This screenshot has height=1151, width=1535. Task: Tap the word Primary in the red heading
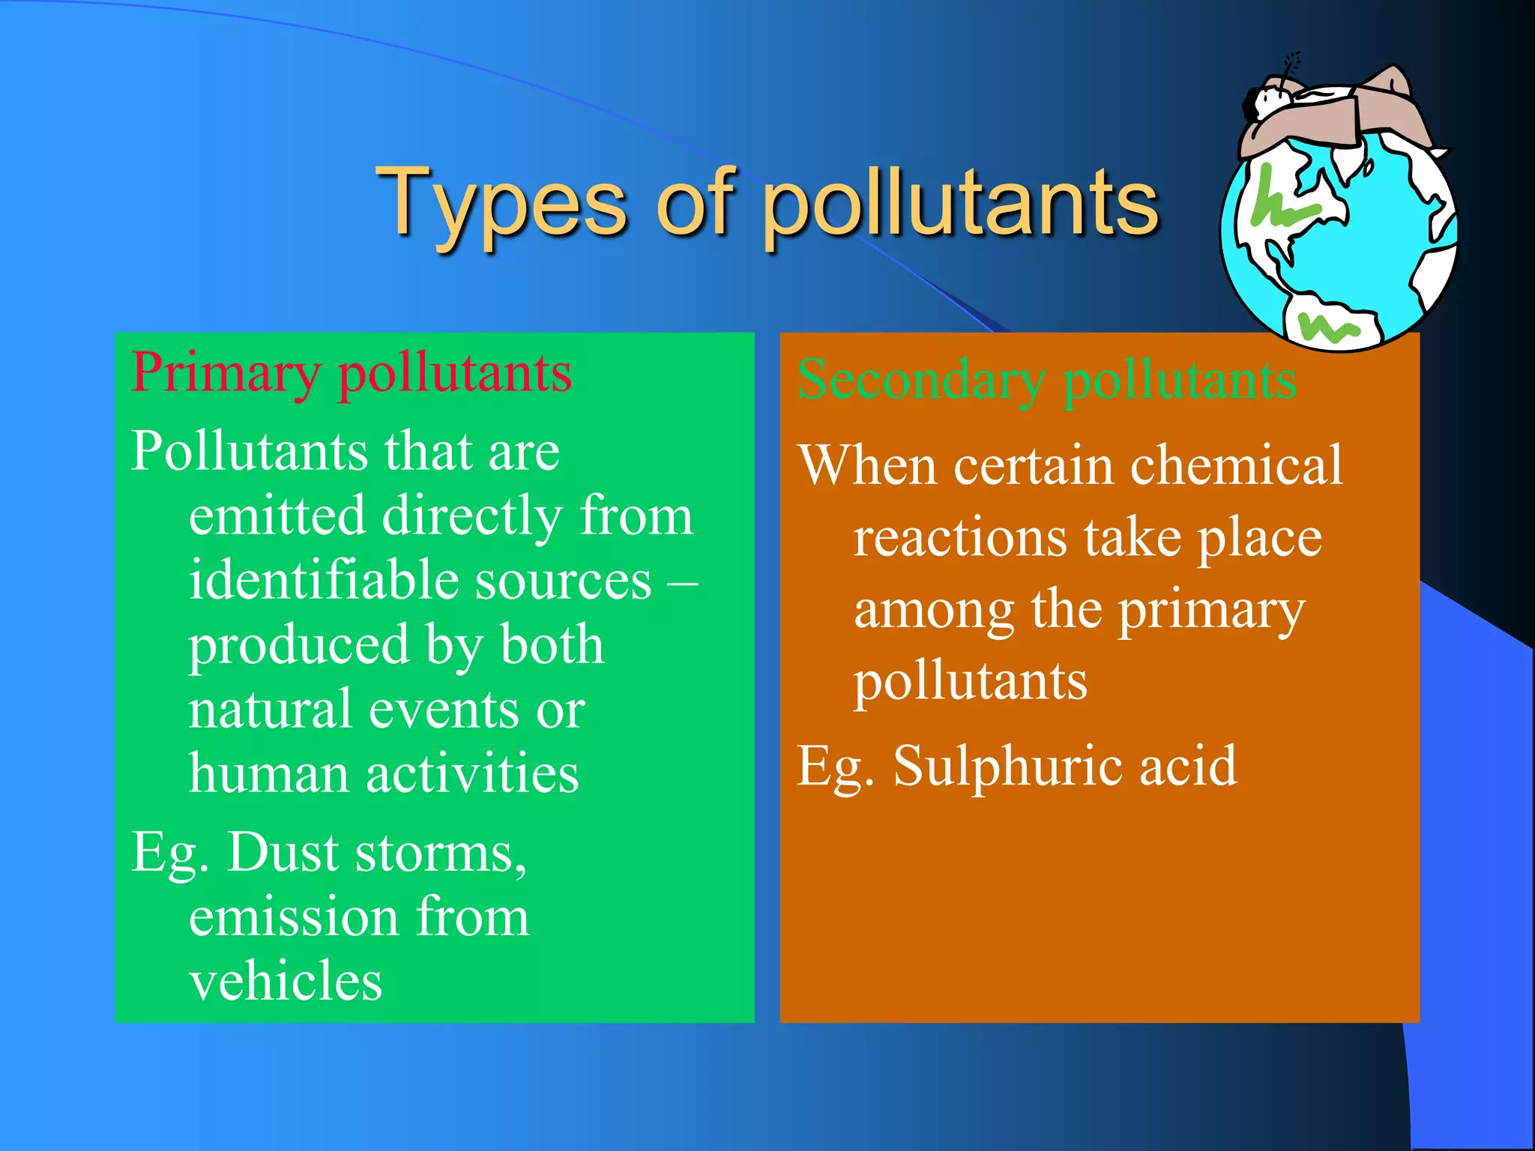click(x=226, y=373)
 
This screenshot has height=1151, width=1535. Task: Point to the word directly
click(x=472, y=516)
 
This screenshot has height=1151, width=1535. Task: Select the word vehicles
click(x=286, y=981)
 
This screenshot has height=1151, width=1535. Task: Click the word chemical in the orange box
click(x=1237, y=465)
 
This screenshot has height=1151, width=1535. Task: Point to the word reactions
click(x=960, y=539)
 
